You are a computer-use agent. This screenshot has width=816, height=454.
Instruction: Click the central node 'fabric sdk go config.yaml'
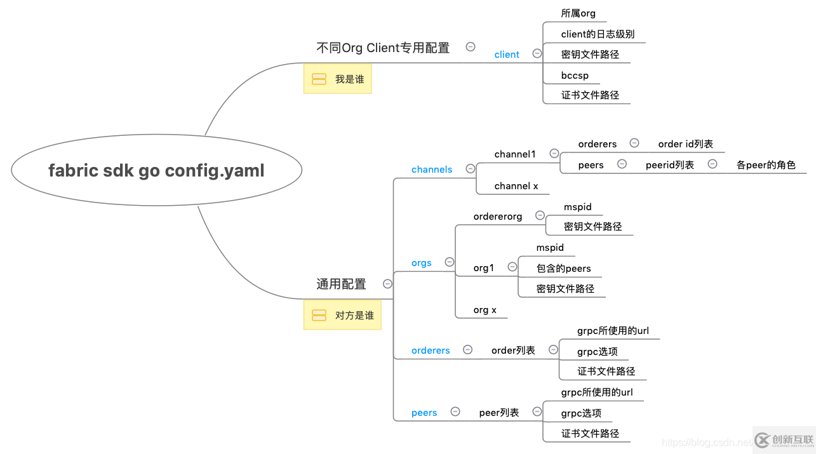156,170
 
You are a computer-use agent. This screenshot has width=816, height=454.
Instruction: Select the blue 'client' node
507,55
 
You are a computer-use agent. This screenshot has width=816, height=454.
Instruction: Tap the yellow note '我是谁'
337,79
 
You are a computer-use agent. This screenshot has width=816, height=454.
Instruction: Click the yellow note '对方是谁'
342,315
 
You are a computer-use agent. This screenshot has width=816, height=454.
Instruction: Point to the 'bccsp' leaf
575,76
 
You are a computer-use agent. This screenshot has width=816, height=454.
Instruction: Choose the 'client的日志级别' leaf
598,34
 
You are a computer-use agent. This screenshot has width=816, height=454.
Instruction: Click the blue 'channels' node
432,170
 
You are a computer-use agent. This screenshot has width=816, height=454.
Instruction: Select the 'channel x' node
516,186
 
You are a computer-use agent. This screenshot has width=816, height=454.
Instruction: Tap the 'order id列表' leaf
685,144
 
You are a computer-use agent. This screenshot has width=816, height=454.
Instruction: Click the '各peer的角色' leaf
766,165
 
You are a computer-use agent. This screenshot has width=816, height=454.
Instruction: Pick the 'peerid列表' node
669,165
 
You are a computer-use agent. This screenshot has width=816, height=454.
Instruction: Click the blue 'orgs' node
421,263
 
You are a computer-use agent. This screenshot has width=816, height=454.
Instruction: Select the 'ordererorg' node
498,217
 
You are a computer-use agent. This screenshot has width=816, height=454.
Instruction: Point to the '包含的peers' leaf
563,269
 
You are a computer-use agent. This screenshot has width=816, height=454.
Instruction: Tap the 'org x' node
485,310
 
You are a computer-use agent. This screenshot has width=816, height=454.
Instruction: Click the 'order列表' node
513,351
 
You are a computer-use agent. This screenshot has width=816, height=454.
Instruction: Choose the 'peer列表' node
498,413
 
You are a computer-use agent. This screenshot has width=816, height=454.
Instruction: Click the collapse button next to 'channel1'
554,154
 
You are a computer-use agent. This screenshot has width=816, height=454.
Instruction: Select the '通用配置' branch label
341,284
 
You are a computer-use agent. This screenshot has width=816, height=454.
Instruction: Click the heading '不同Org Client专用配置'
383,48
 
